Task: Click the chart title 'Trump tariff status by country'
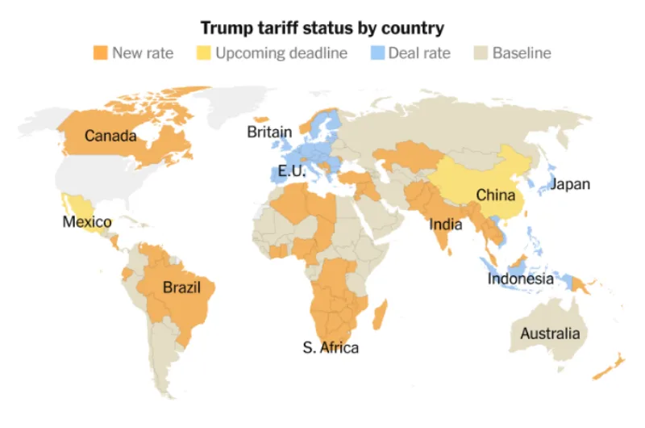322,28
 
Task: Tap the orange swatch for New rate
100,52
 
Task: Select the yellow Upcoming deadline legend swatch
204,52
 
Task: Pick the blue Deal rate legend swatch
377,52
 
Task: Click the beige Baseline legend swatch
481,52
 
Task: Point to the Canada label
110,136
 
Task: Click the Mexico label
87,221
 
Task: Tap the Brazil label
181,287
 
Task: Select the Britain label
269,132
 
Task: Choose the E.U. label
292,170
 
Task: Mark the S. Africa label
331,348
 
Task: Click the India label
446,224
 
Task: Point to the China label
496,195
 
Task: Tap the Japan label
571,184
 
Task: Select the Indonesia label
520,279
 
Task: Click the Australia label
550,334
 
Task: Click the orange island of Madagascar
380,315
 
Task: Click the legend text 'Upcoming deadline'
281,53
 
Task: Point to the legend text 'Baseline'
522,52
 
